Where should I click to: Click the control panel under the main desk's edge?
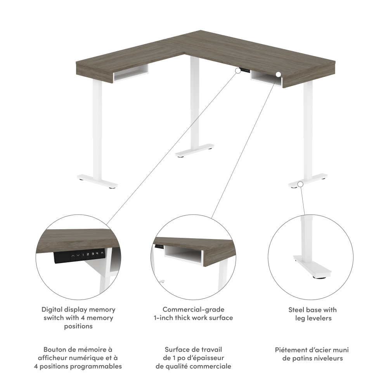(245, 70)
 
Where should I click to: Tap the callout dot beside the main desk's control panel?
(238, 71)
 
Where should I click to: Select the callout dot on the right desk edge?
(278, 74)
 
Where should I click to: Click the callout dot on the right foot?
(300, 184)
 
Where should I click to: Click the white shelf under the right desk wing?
(267, 79)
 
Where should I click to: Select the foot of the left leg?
(97, 182)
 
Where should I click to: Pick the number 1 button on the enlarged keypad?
(83, 255)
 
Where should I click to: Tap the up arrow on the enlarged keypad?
(73, 255)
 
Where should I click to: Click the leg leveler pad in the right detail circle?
(320, 277)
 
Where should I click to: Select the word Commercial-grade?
(194, 310)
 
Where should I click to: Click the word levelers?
(320, 318)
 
